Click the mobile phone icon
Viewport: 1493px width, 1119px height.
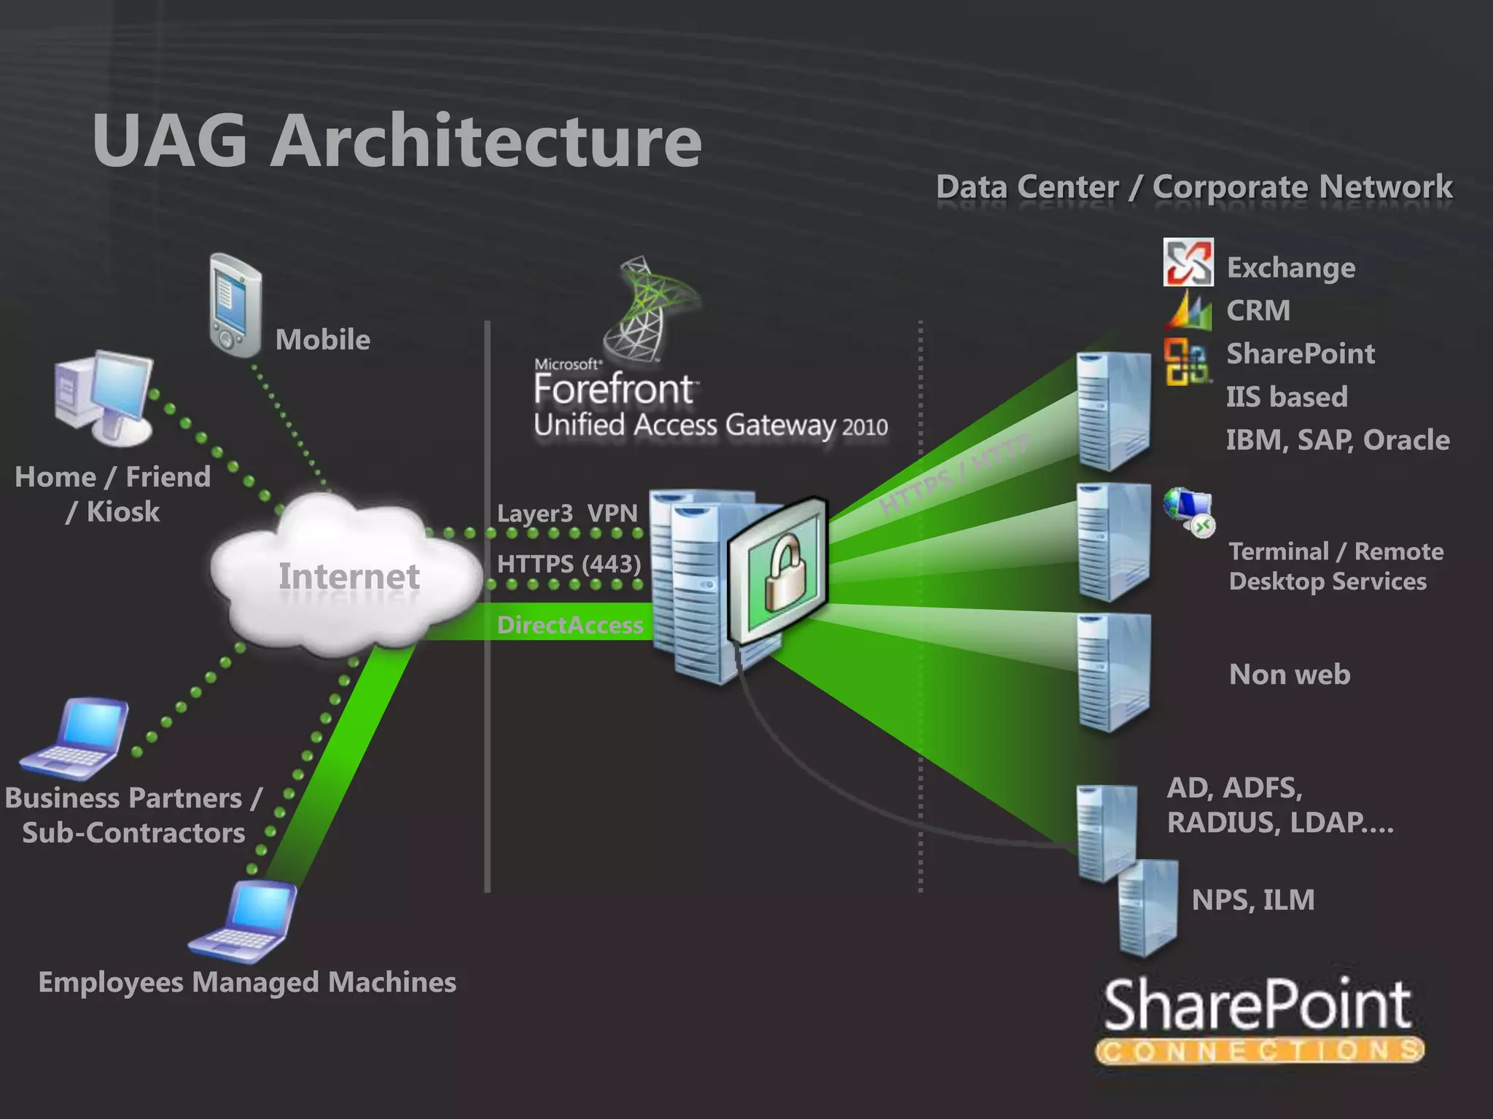point(235,305)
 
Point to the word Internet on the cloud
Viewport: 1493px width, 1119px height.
point(348,577)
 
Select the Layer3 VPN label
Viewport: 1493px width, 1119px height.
point(566,513)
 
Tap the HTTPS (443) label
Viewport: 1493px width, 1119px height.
point(569,564)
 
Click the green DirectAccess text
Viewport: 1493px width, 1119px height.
point(569,625)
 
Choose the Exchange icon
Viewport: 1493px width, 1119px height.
point(1188,262)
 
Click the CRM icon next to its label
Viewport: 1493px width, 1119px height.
point(1188,310)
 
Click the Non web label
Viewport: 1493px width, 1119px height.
point(1289,675)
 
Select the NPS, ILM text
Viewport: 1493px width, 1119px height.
point(1252,900)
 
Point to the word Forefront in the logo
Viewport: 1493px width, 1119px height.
point(614,388)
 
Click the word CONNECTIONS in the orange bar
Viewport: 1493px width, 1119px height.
point(1259,1051)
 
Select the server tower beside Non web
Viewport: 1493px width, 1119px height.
point(1114,672)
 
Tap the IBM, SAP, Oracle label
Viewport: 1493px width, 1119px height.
point(1337,440)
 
